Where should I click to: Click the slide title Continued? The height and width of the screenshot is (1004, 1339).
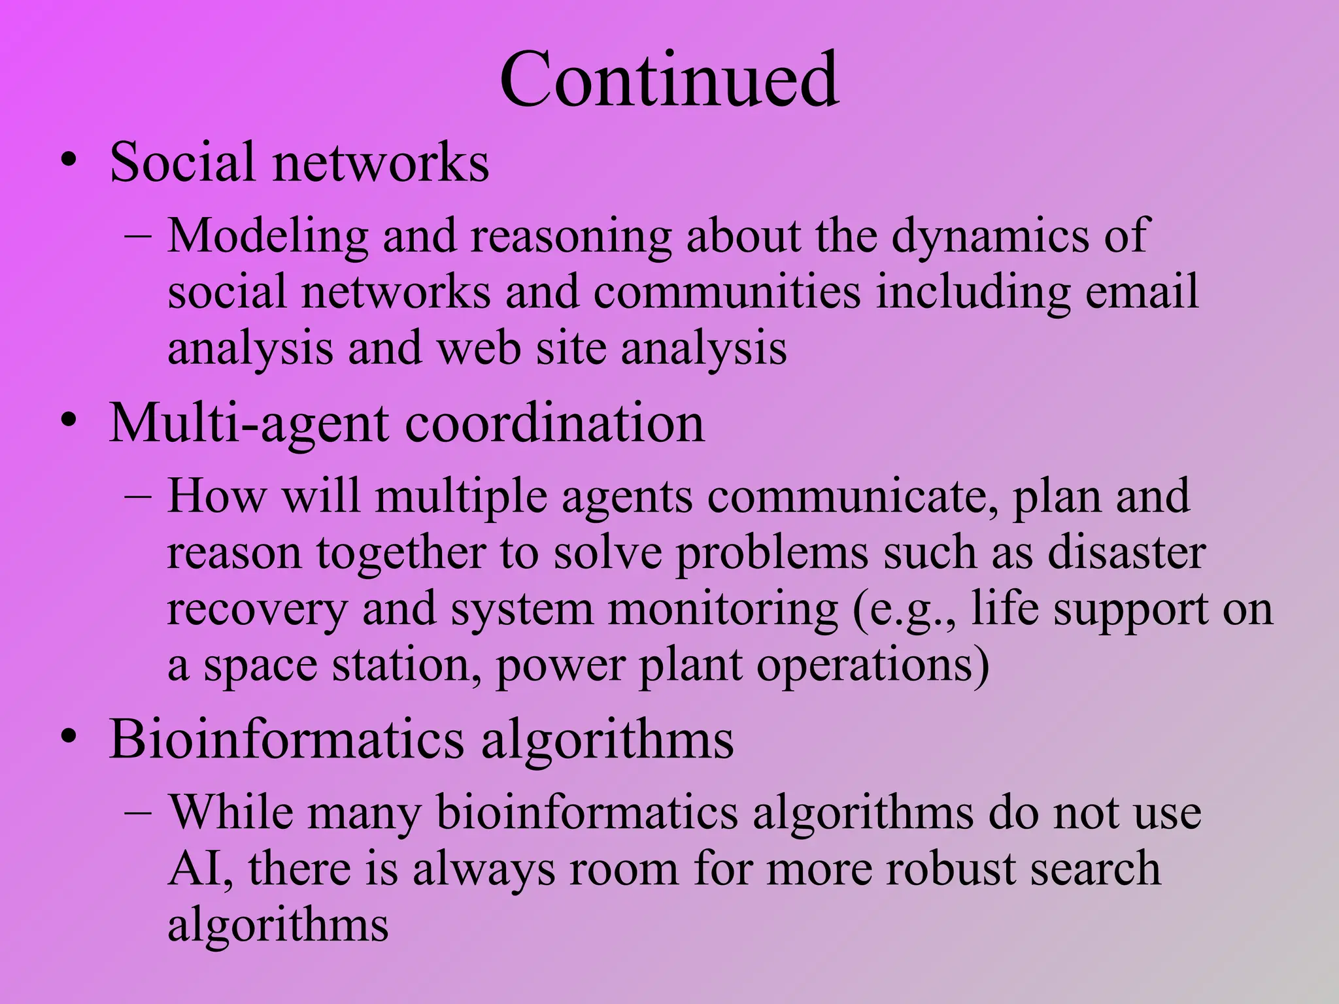click(669, 80)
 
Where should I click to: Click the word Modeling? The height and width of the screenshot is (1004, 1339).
click(267, 237)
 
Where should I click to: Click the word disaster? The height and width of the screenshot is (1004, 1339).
click(1126, 553)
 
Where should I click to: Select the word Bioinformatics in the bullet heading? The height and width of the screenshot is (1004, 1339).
click(286, 740)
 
